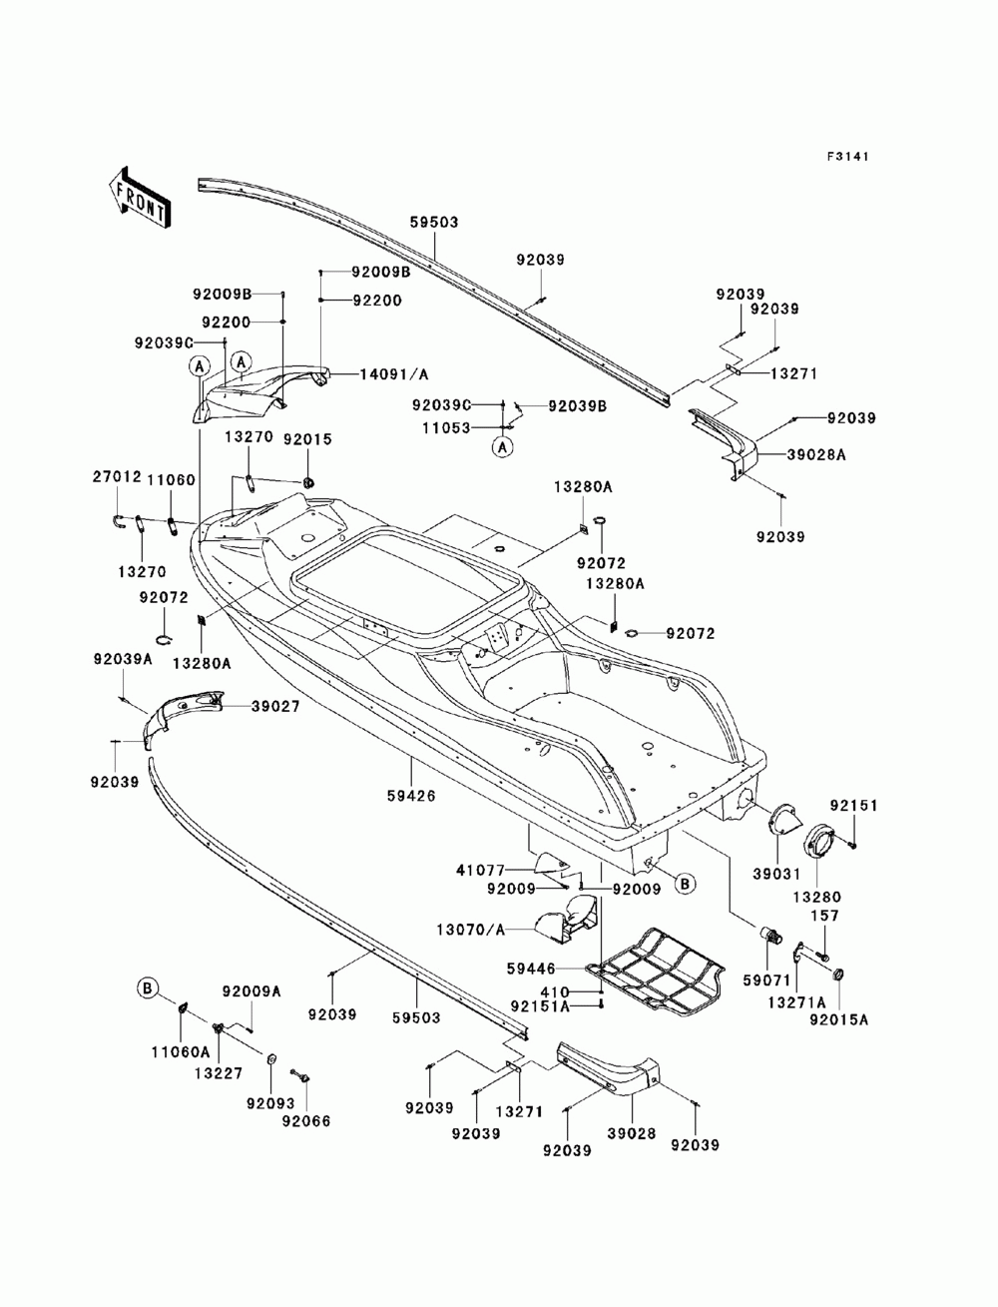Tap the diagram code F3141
[847, 157]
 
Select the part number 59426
[413, 796]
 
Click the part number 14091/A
[393, 374]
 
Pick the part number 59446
[531, 969]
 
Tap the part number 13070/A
[470, 930]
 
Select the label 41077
[480, 871]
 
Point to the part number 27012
[117, 477]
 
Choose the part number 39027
[274, 706]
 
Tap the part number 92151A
[540, 1006]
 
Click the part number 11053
[446, 427]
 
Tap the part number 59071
[766, 980]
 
